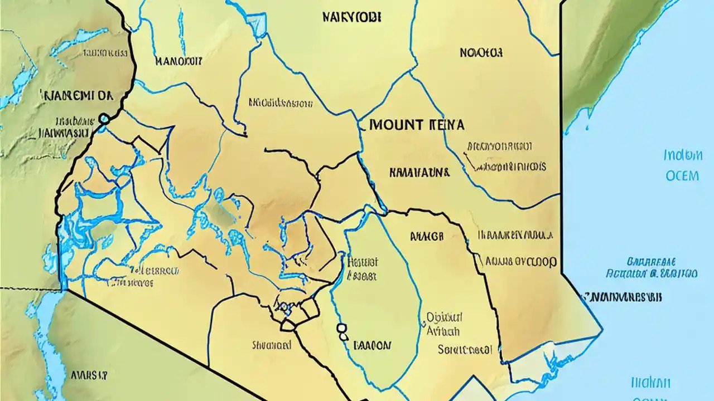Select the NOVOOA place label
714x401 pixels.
(481, 53)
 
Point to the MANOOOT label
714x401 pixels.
(178, 61)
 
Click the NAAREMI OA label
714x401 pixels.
(76, 95)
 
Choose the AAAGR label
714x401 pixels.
(427, 236)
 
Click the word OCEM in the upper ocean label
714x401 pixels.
(682, 176)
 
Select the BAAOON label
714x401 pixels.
(373, 345)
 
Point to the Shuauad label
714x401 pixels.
(272, 345)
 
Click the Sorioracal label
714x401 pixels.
(465, 350)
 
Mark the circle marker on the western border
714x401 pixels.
(103, 119)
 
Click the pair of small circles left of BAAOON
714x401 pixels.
(341, 332)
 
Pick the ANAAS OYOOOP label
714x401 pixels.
(520, 261)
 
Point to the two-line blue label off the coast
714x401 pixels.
(651, 268)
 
